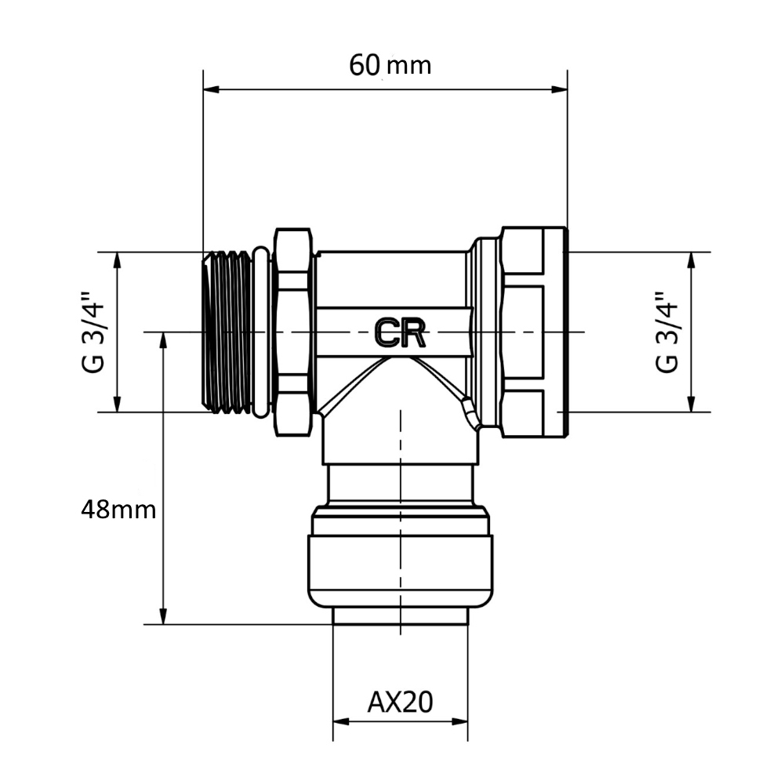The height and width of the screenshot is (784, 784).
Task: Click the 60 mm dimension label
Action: click(390, 66)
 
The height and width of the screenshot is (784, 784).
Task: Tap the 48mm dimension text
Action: click(118, 510)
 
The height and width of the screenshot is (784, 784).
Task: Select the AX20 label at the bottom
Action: click(400, 702)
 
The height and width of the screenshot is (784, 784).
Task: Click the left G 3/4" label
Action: click(93, 332)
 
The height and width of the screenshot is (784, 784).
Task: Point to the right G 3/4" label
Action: click(667, 332)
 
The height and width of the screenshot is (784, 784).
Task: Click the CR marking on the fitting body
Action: click(400, 333)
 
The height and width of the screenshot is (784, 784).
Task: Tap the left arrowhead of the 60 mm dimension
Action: click(211, 89)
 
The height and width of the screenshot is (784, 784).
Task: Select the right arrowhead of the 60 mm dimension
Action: click(560, 89)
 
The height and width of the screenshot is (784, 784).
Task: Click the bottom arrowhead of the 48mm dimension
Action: click(163, 616)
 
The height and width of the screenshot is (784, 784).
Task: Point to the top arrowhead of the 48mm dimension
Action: click(163, 340)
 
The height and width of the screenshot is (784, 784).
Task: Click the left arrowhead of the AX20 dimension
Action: click(341, 721)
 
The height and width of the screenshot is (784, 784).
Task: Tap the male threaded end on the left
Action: click(227, 332)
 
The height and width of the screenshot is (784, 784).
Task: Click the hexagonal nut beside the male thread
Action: click(293, 332)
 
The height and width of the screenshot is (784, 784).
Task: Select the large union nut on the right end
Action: click(534, 332)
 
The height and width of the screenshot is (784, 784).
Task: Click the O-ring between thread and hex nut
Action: click(262, 332)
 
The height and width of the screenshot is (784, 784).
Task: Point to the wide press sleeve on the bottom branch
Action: click(400, 571)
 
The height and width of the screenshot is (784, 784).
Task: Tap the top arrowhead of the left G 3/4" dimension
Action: click(117, 260)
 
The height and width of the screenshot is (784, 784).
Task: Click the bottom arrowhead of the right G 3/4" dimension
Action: click(691, 404)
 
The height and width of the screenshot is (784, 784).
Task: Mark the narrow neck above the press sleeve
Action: click(400, 485)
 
